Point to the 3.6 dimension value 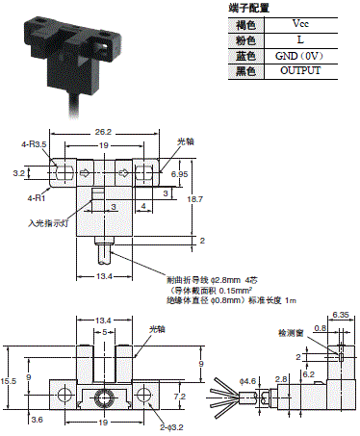pyautogui.click(x=38, y=420)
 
